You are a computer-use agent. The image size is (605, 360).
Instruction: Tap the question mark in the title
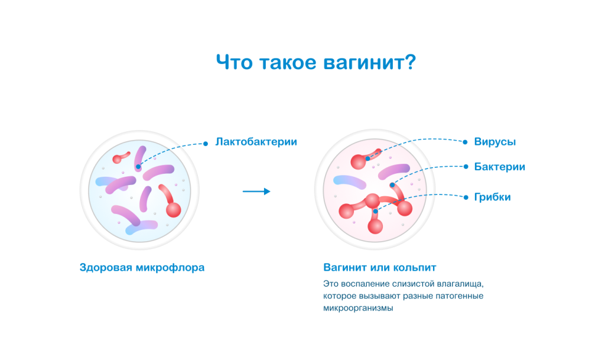point(408,62)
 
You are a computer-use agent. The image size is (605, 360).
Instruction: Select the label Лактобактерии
point(256,142)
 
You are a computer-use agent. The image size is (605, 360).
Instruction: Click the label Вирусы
point(495,142)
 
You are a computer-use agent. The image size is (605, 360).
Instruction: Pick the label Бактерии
point(499,167)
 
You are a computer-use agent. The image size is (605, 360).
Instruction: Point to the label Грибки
point(492,197)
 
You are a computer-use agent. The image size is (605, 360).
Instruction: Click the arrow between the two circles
point(256,192)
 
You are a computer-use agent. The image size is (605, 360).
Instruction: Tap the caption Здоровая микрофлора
point(142,267)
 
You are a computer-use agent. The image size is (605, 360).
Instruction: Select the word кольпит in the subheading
point(415,267)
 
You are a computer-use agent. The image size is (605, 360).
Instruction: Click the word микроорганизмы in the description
point(358,308)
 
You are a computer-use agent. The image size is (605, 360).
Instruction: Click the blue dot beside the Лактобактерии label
point(206,143)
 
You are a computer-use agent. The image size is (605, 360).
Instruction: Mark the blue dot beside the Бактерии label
point(466,167)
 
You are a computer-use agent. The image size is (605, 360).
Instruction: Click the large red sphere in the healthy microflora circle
point(173,209)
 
